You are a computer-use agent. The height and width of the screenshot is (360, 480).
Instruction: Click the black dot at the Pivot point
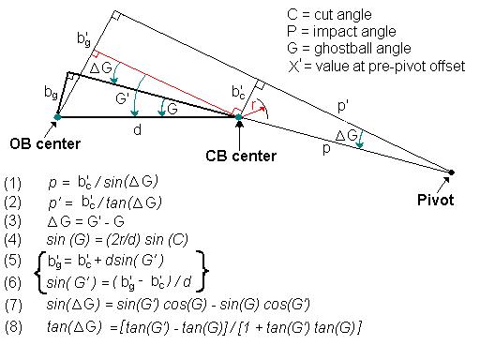click(x=451, y=172)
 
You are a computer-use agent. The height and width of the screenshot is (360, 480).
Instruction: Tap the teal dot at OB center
click(x=57, y=117)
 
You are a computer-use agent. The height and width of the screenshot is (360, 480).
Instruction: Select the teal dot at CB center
click(x=239, y=117)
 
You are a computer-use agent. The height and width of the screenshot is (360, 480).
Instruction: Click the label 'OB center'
click(x=45, y=144)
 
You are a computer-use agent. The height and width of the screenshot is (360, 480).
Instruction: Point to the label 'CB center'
click(x=241, y=156)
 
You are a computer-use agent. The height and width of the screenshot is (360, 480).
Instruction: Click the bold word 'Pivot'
click(x=435, y=200)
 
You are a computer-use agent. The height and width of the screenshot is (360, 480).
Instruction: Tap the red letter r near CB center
click(x=254, y=105)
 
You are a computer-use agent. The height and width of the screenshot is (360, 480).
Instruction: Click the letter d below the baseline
click(x=138, y=129)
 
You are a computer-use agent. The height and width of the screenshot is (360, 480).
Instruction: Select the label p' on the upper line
click(x=343, y=106)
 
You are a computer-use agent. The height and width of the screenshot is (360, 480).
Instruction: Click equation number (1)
click(x=12, y=183)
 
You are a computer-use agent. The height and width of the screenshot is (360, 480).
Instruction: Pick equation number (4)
click(x=12, y=240)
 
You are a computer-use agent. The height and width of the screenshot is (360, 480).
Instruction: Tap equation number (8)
click(x=13, y=327)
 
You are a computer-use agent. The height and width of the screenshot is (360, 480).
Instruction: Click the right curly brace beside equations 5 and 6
click(x=202, y=271)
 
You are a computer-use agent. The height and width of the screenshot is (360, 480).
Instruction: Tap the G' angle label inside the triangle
click(x=122, y=98)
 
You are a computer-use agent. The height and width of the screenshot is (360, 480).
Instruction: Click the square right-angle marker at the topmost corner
click(x=116, y=16)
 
